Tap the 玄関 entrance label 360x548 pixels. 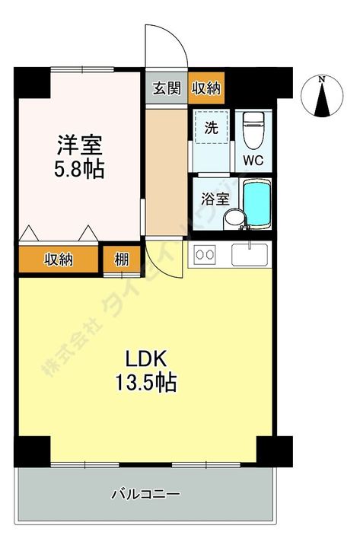167,88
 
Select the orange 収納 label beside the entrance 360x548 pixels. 205,88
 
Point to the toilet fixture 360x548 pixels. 252,129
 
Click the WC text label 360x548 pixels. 252,161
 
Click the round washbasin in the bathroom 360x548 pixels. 234,218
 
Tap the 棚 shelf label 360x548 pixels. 121,260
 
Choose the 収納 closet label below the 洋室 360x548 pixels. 58,260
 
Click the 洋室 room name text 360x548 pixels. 79,144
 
